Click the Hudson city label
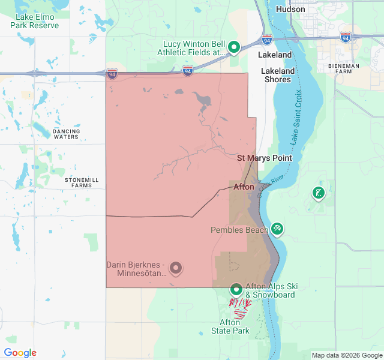coord(290,9)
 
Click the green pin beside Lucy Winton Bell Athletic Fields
coord(235,47)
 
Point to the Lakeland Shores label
coord(278,75)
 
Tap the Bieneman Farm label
coord(344,70)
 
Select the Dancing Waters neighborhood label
coord(66,134)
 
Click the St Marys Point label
coord(265,158)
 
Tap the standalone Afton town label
coord(244,187)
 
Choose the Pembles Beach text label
coord(239,230)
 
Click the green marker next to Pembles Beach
coord(277,228)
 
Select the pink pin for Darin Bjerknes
coord(175,268)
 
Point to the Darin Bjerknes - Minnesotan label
coord(136,269)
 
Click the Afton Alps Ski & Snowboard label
coord(270,290)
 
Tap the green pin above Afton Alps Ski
coord(236,289)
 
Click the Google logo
coord(20,353)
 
